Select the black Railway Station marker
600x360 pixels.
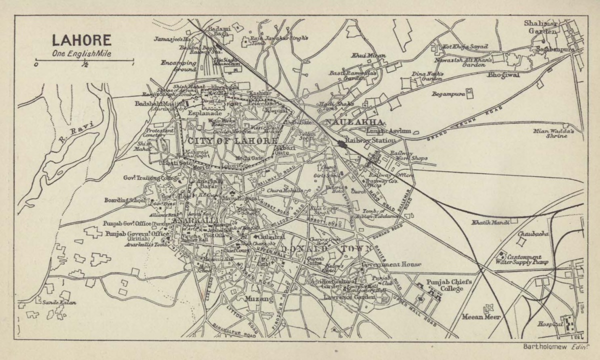[342, 144]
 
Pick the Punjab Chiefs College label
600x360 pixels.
[449, 284]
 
